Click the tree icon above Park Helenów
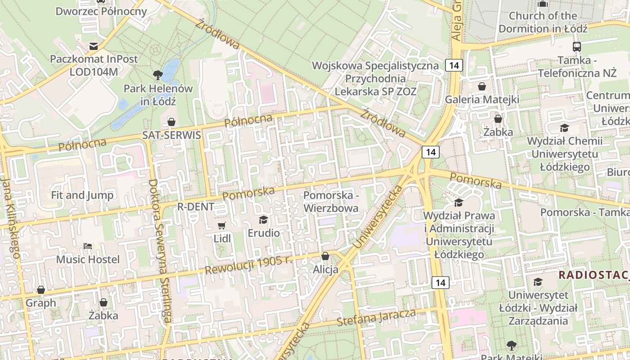tap(157, 74)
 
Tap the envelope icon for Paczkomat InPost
tap(94, 46)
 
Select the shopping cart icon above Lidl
tap(221, 225)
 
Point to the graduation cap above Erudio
tap(263, 220)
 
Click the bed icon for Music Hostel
tap(88, 246)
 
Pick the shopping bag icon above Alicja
tap(325, 256)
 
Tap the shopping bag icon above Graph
tap(41, 289)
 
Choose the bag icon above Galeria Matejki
tap(482, 86)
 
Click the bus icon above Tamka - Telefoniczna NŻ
tap(576, 46)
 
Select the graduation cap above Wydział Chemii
tap(564, 128)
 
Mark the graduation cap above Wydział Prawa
tap(459, 202)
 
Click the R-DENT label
tap(196, 207)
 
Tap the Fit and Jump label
tap(82, 195)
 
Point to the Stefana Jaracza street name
tap(376, 318)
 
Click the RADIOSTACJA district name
tap(594, 275)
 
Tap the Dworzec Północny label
tap(101, 11)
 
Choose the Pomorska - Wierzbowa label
tap(331, 202)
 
